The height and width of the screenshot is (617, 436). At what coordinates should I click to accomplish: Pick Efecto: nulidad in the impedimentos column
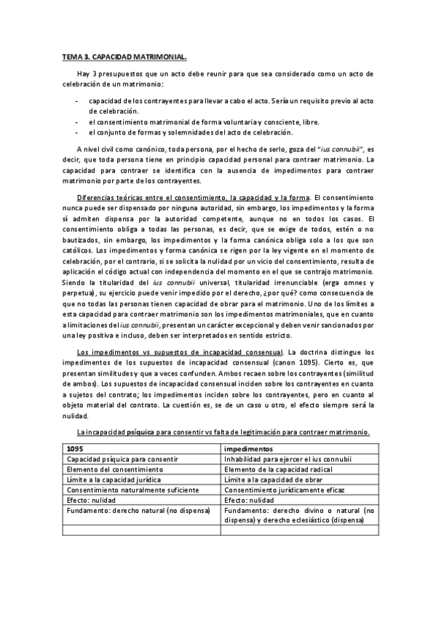[x=250, y=501]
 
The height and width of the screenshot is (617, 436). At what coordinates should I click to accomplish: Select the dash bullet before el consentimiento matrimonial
[x=77, y=122]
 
